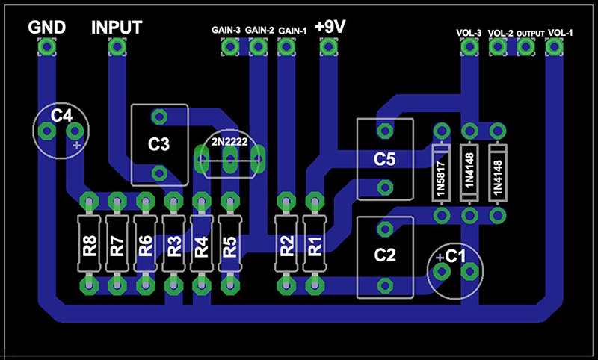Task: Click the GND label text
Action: pos(47,28)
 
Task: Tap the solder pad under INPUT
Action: pos(117,47)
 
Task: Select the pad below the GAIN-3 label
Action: pos(230,47)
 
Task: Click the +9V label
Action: pos(330,27)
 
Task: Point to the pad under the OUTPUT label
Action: pos(525,47)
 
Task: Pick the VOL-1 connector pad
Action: pos(554,47)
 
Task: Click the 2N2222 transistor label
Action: pos(229,142)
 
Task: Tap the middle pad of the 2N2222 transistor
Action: pos(230,159)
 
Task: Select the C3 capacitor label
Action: pos(158,144)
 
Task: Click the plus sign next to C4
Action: pos(77,145)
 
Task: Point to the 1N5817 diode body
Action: pos(441,173)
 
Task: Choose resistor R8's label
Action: pos(90,246)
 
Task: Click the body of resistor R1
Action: pos(315,243)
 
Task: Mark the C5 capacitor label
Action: pos(384,159)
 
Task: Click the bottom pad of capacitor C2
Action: pos(385,285)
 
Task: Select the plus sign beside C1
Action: pos(440,258)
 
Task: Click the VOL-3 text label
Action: pos(469,33)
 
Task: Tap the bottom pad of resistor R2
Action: pos(286,285)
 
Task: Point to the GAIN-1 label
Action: pos(292,31)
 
